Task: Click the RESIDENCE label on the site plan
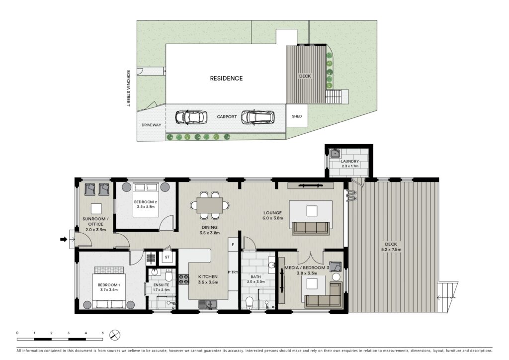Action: pyautogui.click(x=226, y=78)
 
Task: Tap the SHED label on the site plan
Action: pyautogui.click(x=297, y=116)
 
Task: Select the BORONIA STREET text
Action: pyautogui.click(x=128, y=89)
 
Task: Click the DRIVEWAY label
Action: pyautogui.click(x=151, y=125)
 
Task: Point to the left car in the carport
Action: pyautogui.click(x=191, y=117)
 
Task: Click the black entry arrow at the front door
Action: pyautogui.click(x=64, y=240)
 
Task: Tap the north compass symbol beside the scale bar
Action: pyautogui.click(x=115, y=335)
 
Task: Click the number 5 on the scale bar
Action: pyautogui.click(x=102, y=333)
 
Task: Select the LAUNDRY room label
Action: pyautogui.click(x=350, y=161)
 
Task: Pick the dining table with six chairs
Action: pyautogui.click(x=210, y=205)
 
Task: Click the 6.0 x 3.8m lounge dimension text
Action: pyautogui.click(x=273, y=218)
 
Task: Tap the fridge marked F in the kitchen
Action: pyautogui.click(x=233, y=245)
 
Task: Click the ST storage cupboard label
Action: pyautogui.click(x=167, y=258)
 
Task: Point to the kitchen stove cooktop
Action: pyautogui.click(x=184, y=279)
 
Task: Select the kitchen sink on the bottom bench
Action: pyautogui.click(x=208, y=304)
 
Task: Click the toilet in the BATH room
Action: pyautogui.click(x=250, y=303)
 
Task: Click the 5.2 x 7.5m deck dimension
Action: pyautogui.click(x=391, y=250)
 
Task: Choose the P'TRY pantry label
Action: pyautogui.click(x=233, y=272)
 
